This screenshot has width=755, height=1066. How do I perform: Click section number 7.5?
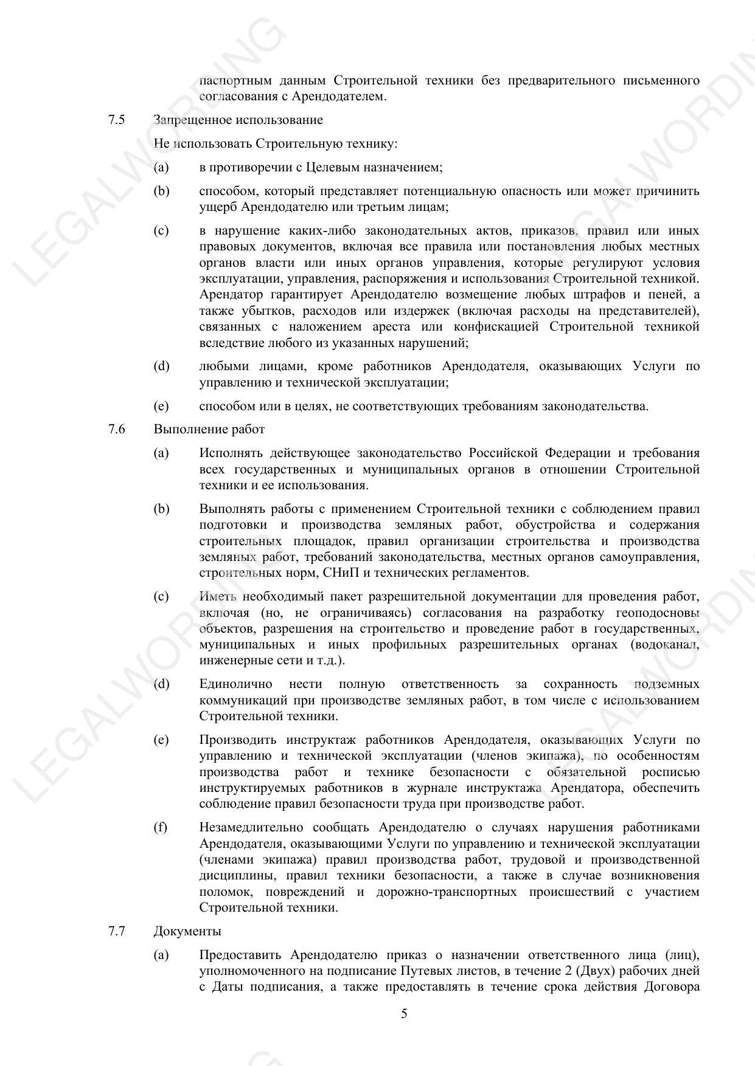point(116,120)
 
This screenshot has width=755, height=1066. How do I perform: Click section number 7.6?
point(116,429)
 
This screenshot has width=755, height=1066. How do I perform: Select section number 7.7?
point(116,931)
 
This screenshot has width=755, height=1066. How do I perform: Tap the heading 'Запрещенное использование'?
point(238,120)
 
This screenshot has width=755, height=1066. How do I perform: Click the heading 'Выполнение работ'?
point(209,429)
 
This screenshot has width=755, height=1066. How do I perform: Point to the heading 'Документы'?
point(187,931)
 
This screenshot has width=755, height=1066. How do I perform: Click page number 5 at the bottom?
point(404,1014)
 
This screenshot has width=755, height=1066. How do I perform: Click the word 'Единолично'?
point(235,684)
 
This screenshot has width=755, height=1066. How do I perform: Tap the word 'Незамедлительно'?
point(251,828)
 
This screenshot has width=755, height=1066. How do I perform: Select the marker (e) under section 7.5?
point(161,406)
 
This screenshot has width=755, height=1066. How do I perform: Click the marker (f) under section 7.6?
point(161,828)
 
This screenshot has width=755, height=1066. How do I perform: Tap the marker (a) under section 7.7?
point(161,955)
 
